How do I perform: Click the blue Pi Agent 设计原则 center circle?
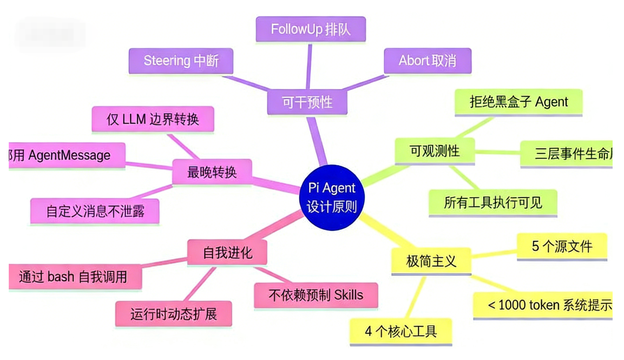click(331, 197)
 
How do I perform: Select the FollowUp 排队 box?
click(311, 29)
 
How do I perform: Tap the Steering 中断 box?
click(181, 61)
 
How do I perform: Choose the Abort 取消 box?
click(427, 61)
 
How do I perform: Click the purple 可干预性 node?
click(307, 102)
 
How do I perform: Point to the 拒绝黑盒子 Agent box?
click(518, 102)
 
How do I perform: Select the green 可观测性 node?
click(435, 151)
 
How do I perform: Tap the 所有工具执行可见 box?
click(493, 202)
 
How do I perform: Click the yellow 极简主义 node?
click(431, 261)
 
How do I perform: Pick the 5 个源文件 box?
click(562, 246)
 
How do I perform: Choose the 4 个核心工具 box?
click(401, 331)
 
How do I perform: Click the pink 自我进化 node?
click(227, 252)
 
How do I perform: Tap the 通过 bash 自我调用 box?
click(74, 277)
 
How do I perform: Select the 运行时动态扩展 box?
click(174, 314)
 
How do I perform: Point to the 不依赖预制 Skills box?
click(316, 295)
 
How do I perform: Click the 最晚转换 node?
click(212, 172)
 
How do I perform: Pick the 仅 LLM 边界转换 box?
click(153, 119)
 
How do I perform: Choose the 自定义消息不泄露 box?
click(95, 211)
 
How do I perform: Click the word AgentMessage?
click(70, 155)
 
